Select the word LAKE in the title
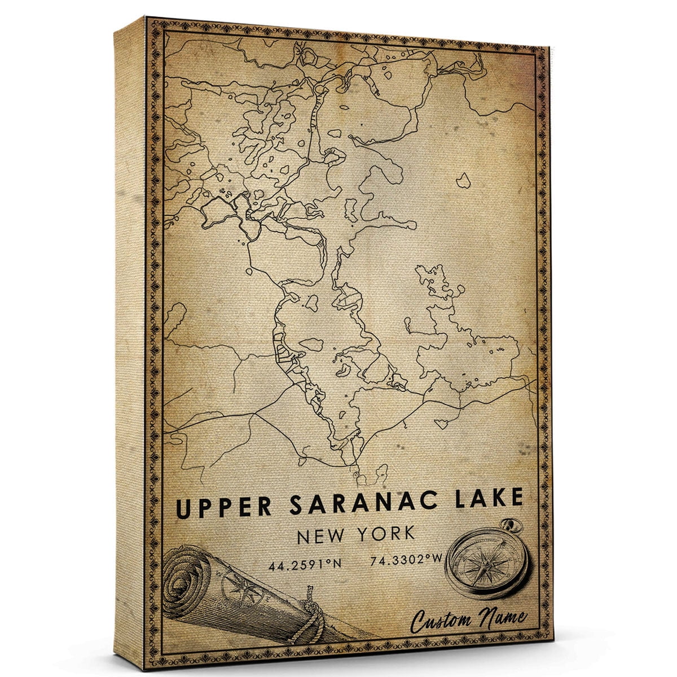(x=486, y=499)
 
